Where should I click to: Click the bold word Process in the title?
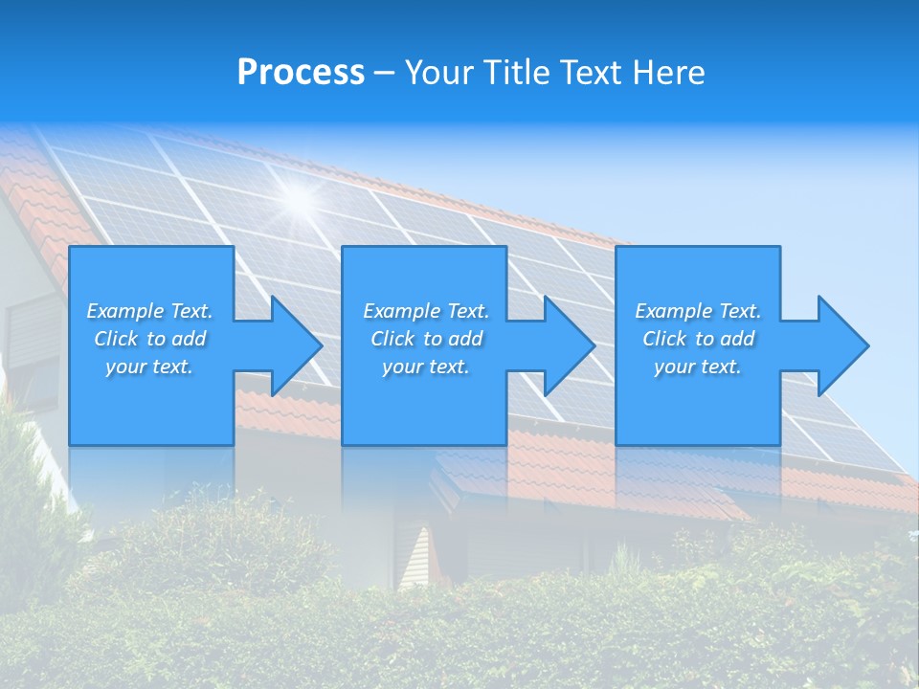point(301,73)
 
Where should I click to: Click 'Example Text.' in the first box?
point(149,311)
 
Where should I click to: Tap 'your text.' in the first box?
point(149,367)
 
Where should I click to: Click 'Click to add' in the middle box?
point(426,339)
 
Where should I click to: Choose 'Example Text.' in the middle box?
point(426,311)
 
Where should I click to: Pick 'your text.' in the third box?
point(698,367)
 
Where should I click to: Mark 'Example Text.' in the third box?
point(698,311)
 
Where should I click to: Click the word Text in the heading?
point(589,73)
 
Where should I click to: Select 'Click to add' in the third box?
point(698,339)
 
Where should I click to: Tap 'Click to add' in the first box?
point(149,339)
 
